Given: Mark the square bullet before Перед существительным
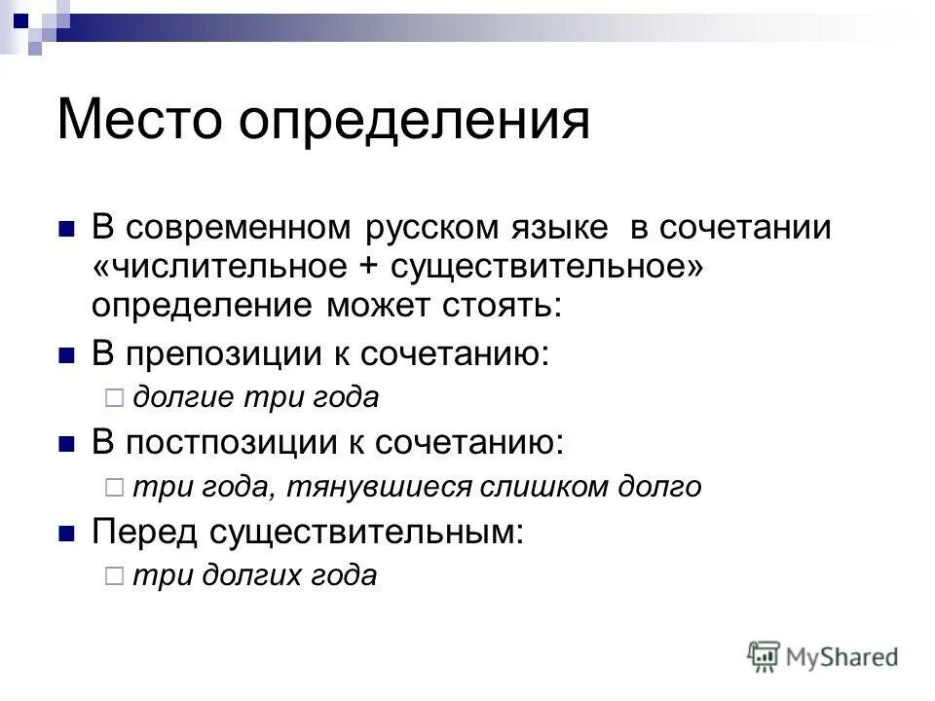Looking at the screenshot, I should click(x=67, y=533).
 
